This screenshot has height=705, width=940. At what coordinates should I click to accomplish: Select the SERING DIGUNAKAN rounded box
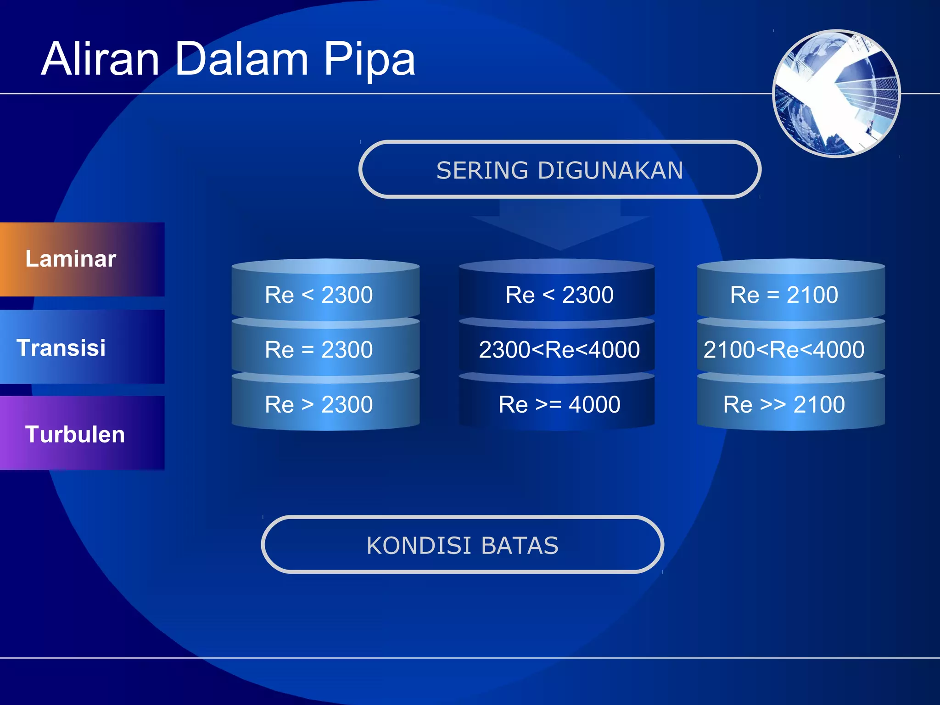(x=560, y=170)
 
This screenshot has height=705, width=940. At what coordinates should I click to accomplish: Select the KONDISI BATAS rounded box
(x=462, y=545)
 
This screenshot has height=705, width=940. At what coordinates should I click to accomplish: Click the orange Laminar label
(x=71, y=259)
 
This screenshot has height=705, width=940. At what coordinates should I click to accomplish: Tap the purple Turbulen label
(x=75, y=434)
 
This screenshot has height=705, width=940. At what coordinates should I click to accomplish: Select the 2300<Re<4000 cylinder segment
(x=559, y=350)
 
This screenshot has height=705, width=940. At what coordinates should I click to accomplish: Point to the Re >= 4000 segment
(x=559, y=404)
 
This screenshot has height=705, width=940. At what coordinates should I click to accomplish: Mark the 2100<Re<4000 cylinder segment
(x=784, y=350)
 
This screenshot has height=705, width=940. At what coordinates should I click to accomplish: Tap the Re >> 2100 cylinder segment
(x=784, y=404)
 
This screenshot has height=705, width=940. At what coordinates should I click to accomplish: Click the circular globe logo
(x=836, y=94)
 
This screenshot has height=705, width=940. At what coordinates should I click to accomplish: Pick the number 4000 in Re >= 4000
(x=594, y=404)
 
